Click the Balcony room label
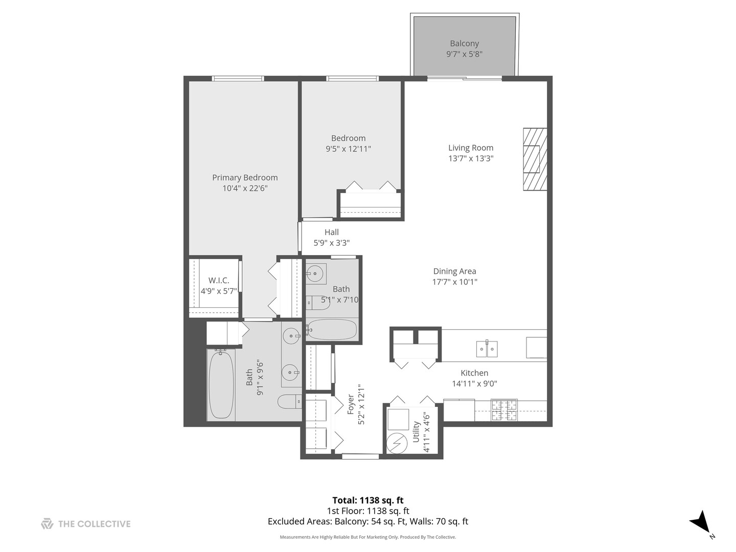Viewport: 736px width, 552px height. coord(464,44)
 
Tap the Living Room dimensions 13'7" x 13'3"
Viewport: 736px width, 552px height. coord(470,158)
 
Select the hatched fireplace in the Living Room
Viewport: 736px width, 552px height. coord(535,159)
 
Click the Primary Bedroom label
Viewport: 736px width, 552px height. coord(245,178)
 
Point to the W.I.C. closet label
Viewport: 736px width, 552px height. coord(218,281)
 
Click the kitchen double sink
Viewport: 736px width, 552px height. coord(487,349)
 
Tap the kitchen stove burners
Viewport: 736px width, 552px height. coord(504,410)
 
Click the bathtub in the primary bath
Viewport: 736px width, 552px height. coord(221,384)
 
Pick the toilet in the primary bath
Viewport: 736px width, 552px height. coord(290,402)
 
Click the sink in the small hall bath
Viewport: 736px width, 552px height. coord(315,274)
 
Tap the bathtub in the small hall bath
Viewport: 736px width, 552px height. coord(332,330)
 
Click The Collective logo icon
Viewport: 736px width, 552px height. coord(47,524)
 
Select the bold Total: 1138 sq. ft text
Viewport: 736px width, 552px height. coord(367,500)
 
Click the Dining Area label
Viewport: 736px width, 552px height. coord(454,271)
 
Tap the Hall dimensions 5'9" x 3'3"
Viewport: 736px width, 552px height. coord(331,243)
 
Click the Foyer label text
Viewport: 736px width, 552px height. coord(351,404)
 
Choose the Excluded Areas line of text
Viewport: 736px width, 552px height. coord(367,522)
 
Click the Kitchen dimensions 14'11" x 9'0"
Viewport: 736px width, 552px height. coord(474,384)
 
